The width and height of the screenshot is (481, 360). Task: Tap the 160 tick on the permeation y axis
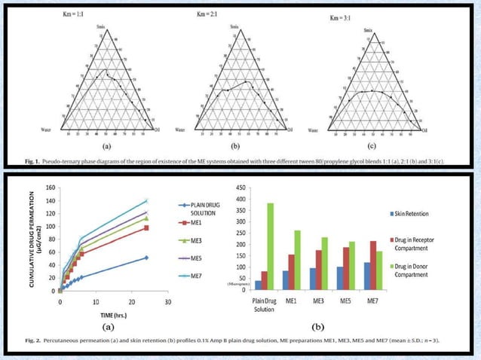pos(50,188)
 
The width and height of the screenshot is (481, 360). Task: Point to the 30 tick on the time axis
pos(167,301)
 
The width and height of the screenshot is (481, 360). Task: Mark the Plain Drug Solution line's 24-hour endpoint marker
pos(146,258)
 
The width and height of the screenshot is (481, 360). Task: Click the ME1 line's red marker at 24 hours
pos(146,227)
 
